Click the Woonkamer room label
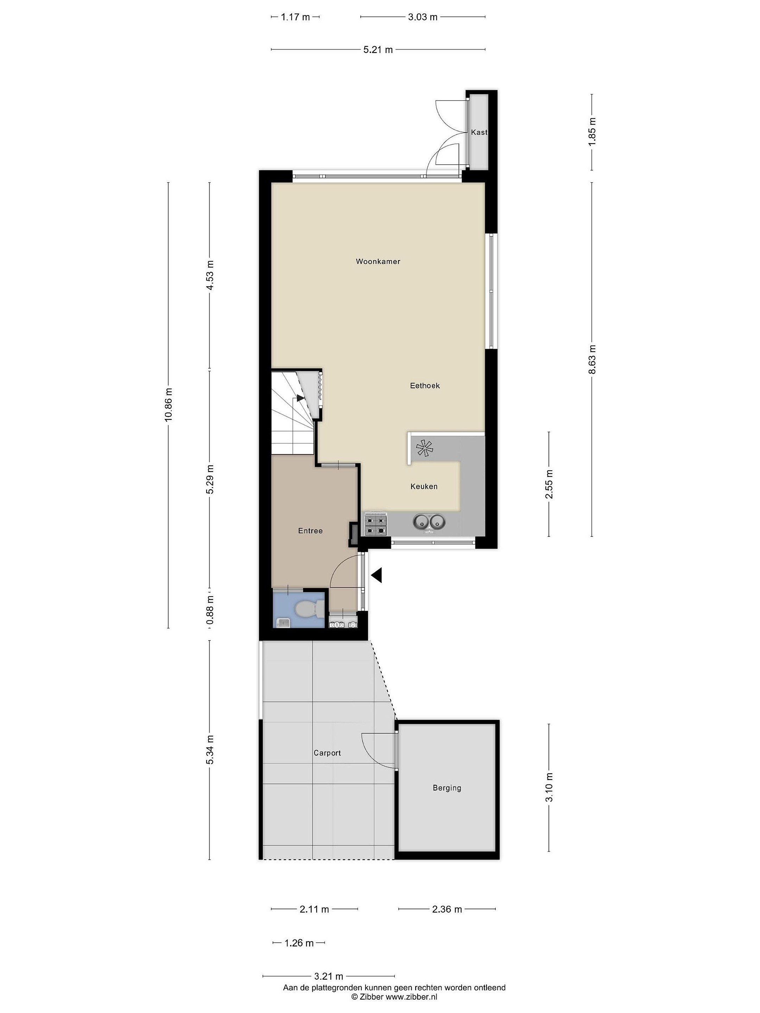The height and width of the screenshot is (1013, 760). pyautogui.click(x=378, y=261)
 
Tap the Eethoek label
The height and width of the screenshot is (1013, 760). pyautogui.click(x=425, y=386)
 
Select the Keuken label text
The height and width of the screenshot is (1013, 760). pyautogui.click(x=424, y=486)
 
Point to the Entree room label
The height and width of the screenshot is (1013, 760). pyautogui.click(x=310, y=531)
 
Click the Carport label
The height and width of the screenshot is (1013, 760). pyautogui.click(x=327, y=753)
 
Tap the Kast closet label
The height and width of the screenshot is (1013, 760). pyautogui.click(x=479, y=132)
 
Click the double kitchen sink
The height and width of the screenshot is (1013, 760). pyautogui.click(x=430, y=522)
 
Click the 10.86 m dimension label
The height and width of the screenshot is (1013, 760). pyautogui.click(x=169, y=404)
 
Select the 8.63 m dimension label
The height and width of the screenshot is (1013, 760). pyautogui.click(x=592, y=359)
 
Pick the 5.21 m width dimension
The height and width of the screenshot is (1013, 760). pyautogui.click(x=378, y=50)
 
